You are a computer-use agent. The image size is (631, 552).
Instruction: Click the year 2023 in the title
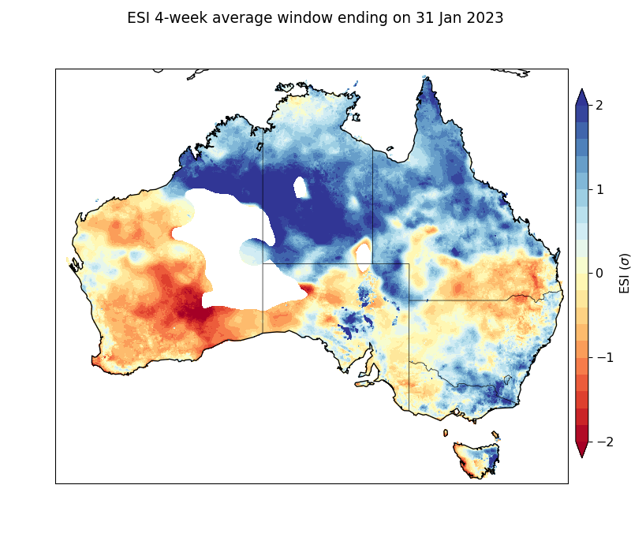[x=482, y=18]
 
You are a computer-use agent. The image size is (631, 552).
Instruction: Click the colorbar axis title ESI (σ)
[x=625, y=273]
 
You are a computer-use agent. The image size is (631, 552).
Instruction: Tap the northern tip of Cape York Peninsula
[x=425, y=78]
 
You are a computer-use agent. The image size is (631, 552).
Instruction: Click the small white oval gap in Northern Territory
[x=301, y=188]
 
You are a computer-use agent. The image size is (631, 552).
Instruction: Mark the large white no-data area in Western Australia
[x=225, y=237]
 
